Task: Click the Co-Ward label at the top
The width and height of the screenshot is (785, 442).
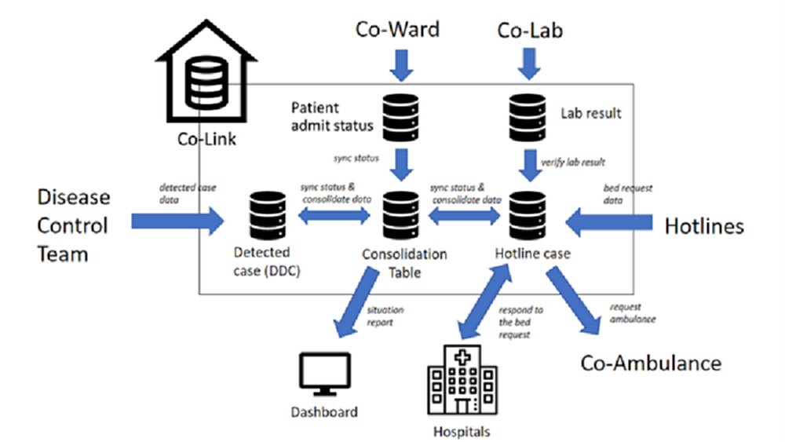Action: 398,30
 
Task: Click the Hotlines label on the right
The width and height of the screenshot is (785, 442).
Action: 704,227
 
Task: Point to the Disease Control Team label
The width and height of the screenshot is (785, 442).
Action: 73,225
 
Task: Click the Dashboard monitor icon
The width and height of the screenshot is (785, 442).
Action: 324,376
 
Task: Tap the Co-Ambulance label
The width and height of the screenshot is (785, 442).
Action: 650,363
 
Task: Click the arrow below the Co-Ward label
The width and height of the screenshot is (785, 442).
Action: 401,64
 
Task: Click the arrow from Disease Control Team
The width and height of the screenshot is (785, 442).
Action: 177,223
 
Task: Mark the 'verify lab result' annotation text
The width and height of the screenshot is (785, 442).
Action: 573,163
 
